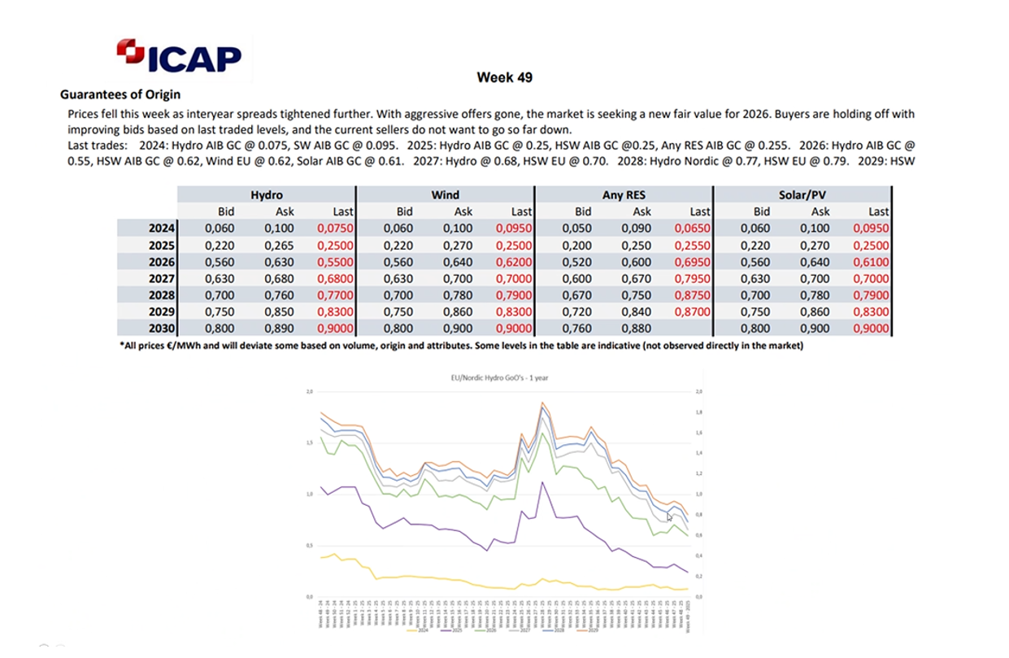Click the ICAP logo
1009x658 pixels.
[x=180, y=54]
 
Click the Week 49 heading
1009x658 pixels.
[x=504, y=77]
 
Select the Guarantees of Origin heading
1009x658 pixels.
[x=120, y=94]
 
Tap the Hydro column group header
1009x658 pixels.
[x=267, y=194]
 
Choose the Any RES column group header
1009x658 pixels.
[x=624, y=194]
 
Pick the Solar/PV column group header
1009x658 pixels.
[x=802, y=194]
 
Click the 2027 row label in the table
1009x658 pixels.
[x=162, y=278]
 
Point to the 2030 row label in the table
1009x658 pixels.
[x=162, y=329]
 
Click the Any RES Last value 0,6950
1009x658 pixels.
[x=693, y=262]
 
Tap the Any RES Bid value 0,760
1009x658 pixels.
[x=579, y=329]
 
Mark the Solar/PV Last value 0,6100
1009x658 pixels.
[x=871, y=262]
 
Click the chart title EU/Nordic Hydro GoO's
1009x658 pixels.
[x=499, y=378]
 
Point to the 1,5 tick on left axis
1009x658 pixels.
[x=307, y=443]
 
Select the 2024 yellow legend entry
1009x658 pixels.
[x=420, y=631]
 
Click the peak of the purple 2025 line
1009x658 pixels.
[x=541, y=482]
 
